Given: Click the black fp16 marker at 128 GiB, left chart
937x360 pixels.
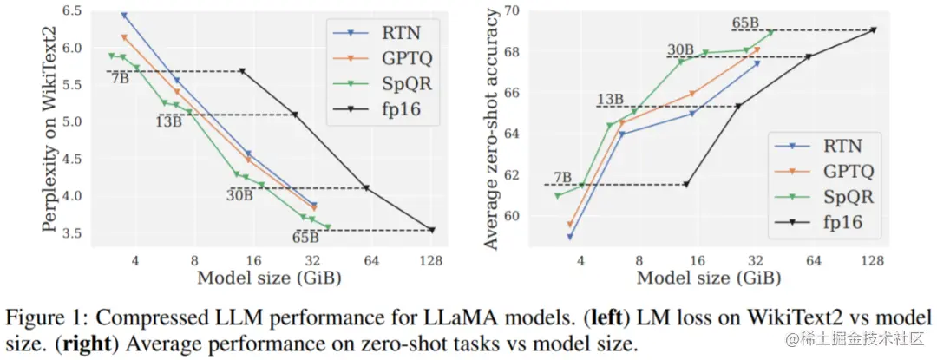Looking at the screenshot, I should click(x=432, y=230).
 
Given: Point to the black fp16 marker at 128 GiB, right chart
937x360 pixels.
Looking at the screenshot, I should click(x=873, y=29).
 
